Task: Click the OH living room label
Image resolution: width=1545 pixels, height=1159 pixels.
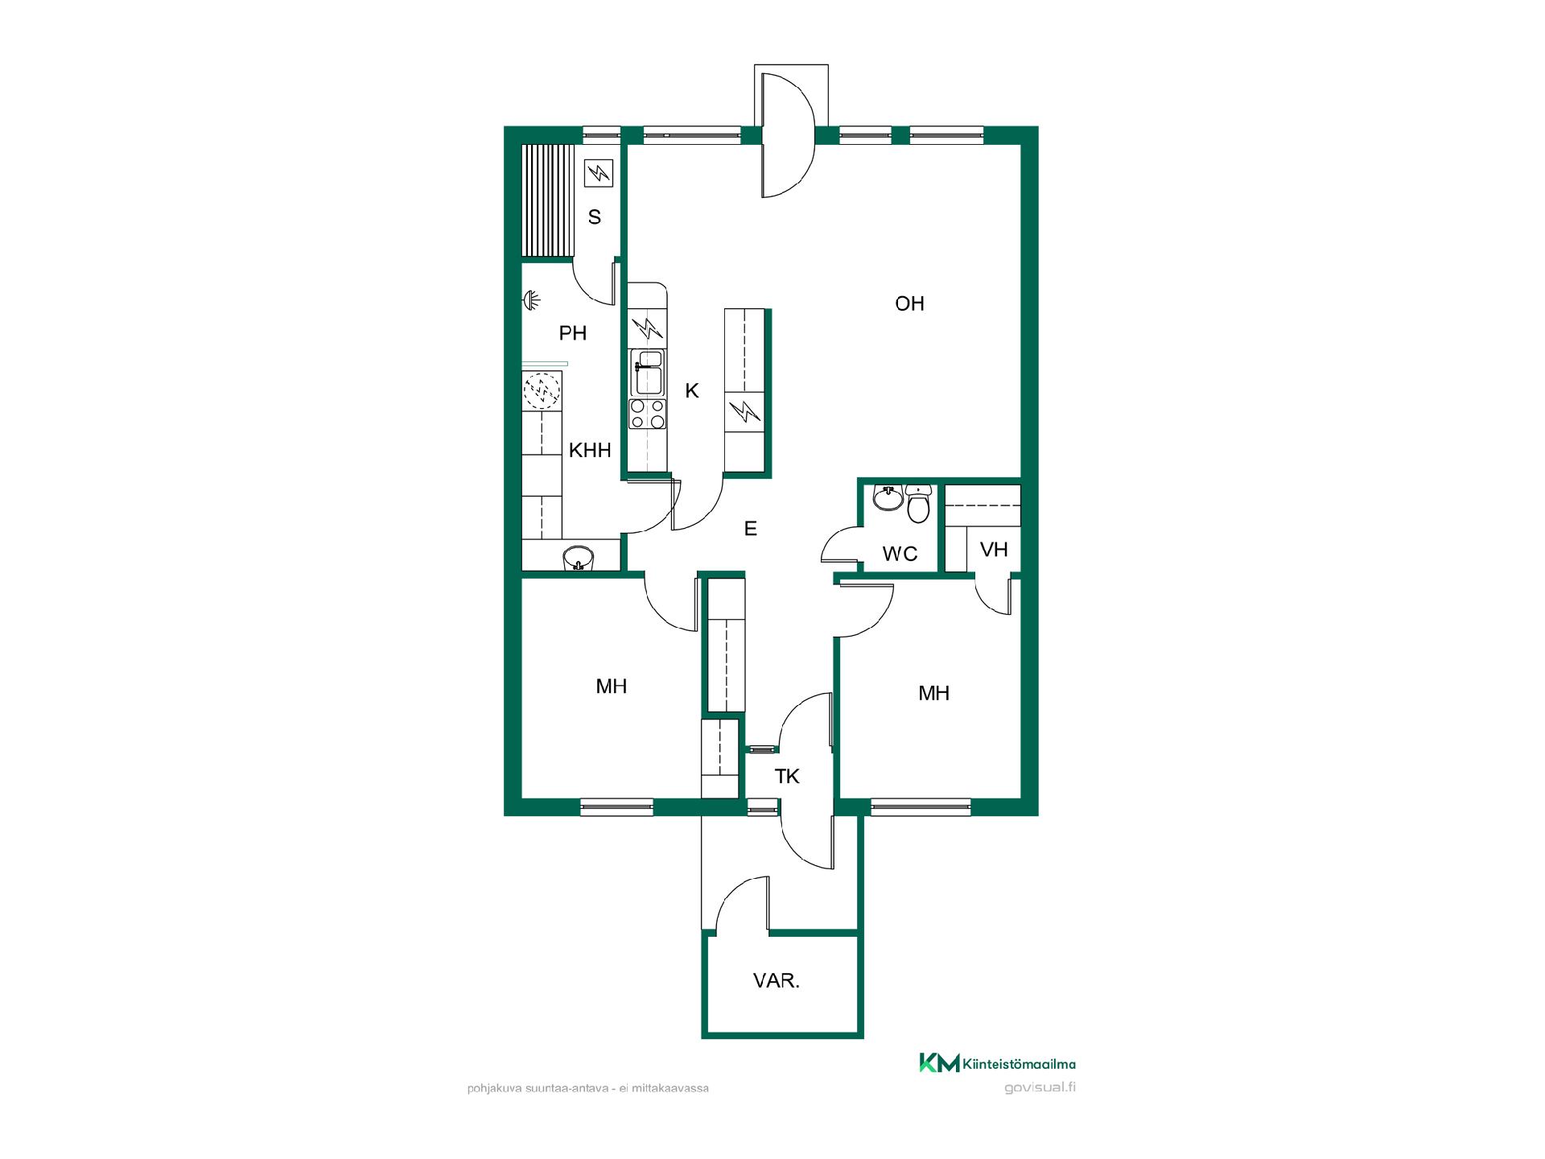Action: coord(909,303)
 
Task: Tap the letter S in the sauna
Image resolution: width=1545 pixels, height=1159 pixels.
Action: coord(595,217)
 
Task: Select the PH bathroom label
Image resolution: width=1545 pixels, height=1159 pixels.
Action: coord(573,332)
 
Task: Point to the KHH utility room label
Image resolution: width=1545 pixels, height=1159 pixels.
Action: coord(590,450)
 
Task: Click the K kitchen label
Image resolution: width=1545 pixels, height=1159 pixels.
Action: coord(692,391)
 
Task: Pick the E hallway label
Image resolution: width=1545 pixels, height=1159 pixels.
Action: coord(751,529)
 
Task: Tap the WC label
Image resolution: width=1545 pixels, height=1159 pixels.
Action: coord(900,554)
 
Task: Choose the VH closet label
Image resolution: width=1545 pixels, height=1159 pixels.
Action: coord(995,550)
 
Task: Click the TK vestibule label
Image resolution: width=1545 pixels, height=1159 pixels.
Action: coord(787,777)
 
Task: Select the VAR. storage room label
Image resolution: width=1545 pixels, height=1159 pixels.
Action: coord(777,981)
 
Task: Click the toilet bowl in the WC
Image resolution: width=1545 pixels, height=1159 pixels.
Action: coord(918,504)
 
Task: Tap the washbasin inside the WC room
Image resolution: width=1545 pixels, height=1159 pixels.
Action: coord(888,497)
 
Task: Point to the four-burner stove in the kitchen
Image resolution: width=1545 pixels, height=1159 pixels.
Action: coord(648,414)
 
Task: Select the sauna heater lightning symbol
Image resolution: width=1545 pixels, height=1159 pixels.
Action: coord(598,173)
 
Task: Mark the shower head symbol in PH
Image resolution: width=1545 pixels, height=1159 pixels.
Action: coord(532,300)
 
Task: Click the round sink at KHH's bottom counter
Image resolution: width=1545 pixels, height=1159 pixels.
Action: coord(578,557)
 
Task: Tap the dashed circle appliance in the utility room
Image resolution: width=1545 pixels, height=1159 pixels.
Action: coord(541,392)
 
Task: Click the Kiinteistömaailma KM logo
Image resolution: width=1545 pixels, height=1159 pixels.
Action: coord(998,1063)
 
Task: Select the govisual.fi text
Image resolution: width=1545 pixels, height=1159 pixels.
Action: coord(1040,1087)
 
